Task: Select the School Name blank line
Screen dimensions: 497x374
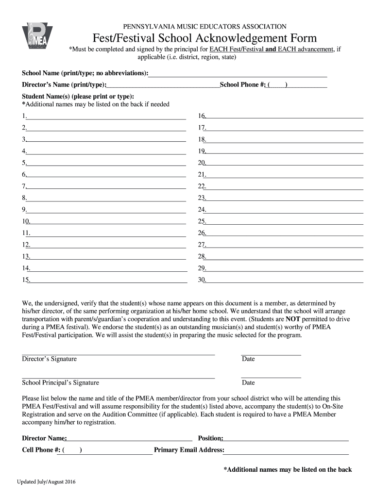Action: tap(238, 76)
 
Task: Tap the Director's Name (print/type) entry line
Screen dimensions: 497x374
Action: tap(163, 87)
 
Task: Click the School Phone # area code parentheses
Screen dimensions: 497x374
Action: tap(278, 85)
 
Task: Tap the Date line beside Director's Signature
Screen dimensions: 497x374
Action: tap(271, 355)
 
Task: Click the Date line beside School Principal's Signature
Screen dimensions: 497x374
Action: tap(271, 378)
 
